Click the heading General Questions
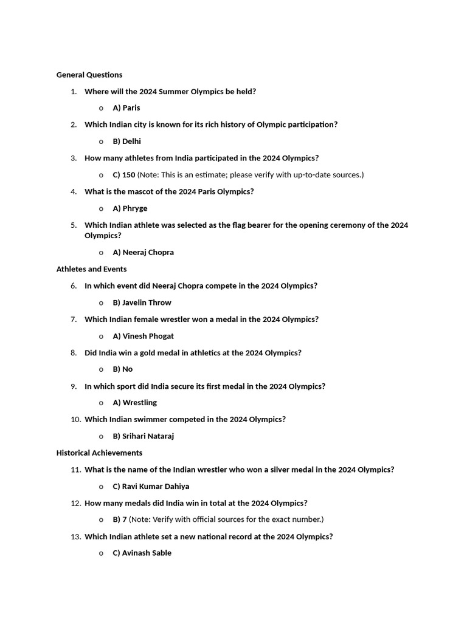tap(89, 75)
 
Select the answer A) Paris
tap(126, 108)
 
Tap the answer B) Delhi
tap(126, 142)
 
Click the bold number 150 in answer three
tap(129, 175)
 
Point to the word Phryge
tap(135, 208)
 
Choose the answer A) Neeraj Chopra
tap(143, 253)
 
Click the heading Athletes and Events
tap(92, 269)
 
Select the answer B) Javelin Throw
tap(142, 302)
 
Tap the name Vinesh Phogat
tap(148, 336)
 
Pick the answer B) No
tap(123, 369)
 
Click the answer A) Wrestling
tap(134, 403)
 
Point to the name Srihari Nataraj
tap(148, 436)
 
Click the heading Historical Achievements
tap(100, 453)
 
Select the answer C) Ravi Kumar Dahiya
tap(151, 487)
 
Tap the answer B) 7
tap(120, 520)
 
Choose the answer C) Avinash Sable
tap(142, 553)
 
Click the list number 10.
tap(75, 420)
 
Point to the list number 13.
tap(75, 537)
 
